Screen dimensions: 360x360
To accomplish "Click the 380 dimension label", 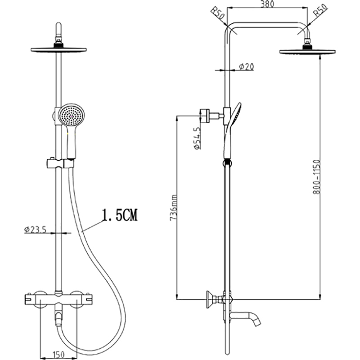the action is (x=267, y=4).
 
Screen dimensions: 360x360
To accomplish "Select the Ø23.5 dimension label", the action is (x=36, y=229).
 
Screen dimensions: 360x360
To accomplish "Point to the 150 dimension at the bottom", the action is (x=58, y=355).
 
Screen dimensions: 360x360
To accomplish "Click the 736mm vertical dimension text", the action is (x=174, y=208).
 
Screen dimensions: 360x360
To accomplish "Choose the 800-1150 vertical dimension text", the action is (x=317, y=177).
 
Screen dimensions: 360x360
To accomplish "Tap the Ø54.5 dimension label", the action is (x=197, y=139).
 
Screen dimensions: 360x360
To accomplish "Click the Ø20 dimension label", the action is (x=246, y=67).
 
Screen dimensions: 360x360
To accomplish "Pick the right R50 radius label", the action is (x=321, y=11).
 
